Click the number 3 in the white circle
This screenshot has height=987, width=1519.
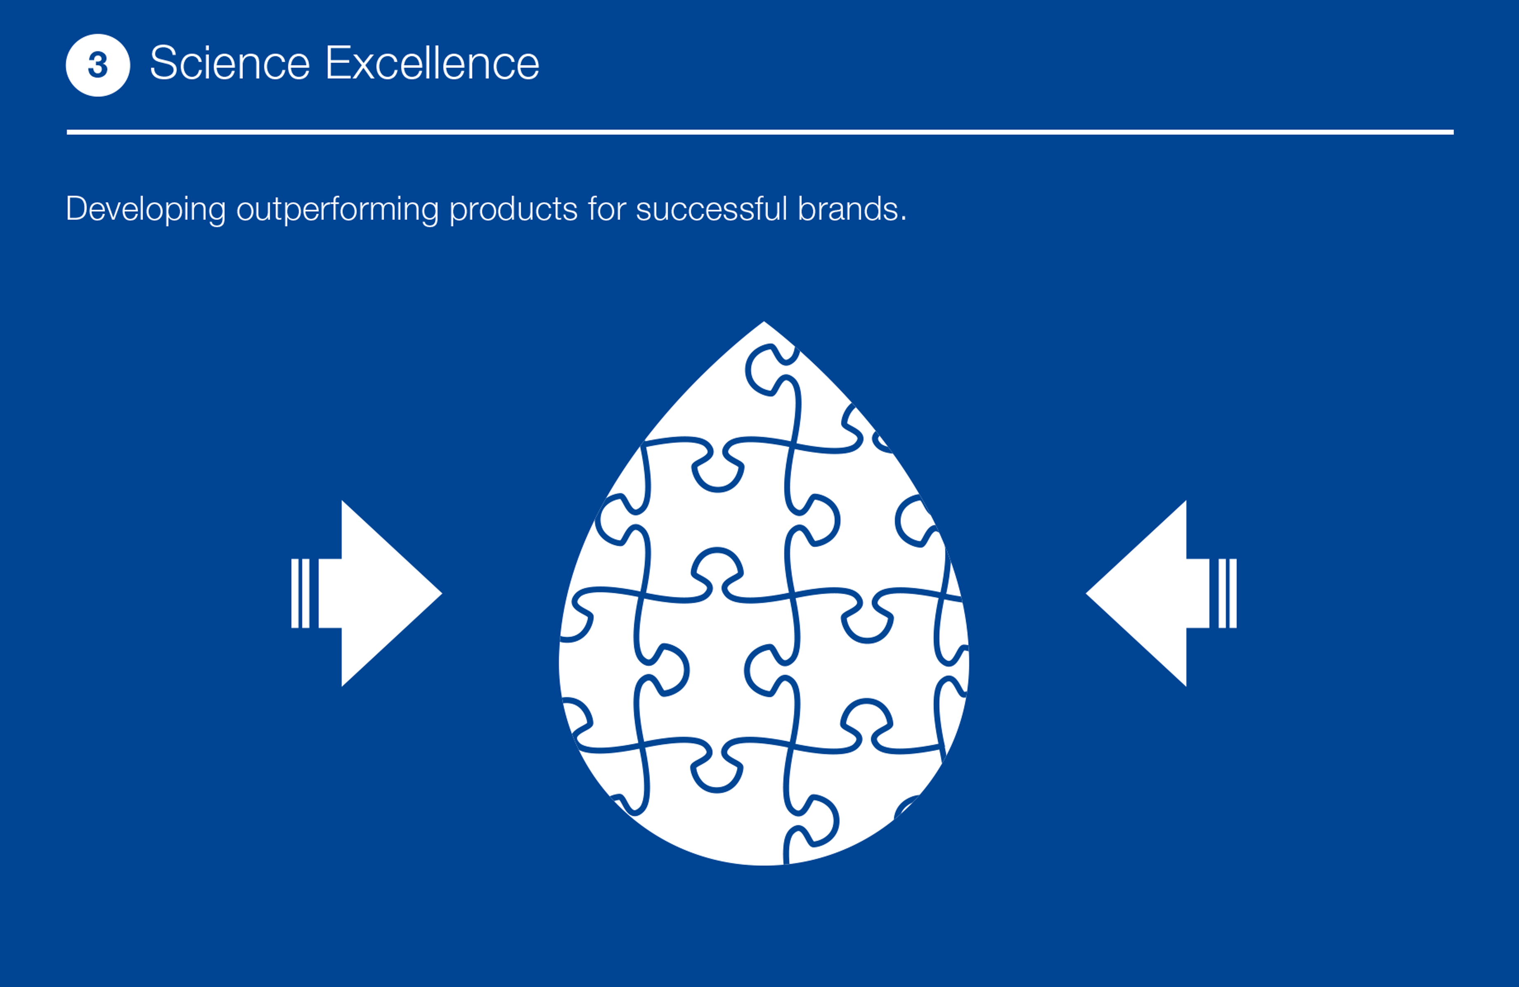98,65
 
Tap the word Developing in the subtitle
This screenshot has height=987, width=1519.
146,209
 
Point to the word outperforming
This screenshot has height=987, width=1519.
338,209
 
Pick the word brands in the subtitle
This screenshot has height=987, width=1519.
848,209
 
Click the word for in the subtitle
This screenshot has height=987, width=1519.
607,209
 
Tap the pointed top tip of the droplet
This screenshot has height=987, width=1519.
764,322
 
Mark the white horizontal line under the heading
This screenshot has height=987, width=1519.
760,132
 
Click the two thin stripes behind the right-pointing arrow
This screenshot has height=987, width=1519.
300,594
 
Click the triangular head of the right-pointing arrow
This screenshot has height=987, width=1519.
383,594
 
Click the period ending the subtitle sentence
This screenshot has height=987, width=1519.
903,220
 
